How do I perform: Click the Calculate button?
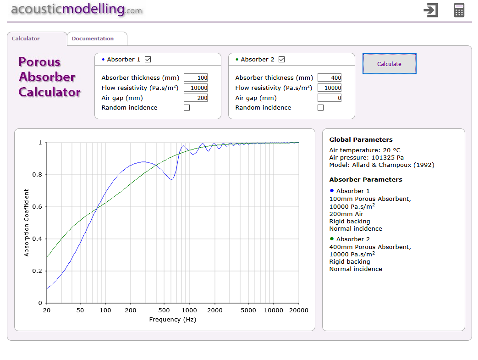pyautogui.click(x=389, y=64)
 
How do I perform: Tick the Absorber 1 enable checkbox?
pyautogui.click(x=148, y=59)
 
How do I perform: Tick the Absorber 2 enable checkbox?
pyautogui.click(x=281, y=59)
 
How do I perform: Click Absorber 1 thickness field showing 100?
pyautogui.click(x=196, y=78)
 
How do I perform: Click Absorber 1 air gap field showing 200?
pyautogui.click(x=196, y=98)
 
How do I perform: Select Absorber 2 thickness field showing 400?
pyautogui.click(x=330, y=78)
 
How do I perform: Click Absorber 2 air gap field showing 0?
pyautogui.click(x=330, y=98)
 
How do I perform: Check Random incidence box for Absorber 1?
pyautogui.click(x=187, y=108)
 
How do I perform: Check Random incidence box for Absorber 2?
pyautogui.click(x=320, y=108)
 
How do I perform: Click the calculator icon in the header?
pyautogui.click(x=459, y=10)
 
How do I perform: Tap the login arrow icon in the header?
pyautogui.click(x=431, y=10)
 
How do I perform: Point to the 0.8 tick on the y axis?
pyautogui.click(x=39, y=175)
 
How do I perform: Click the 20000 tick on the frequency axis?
pyautogui.click(x=299, y=310)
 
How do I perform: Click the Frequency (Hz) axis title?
pyautogui.click(x=173, y=319)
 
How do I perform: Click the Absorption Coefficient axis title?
pyautogui.click(x=27, y=222)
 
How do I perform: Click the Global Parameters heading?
pyautogui.click(x=361, y=139)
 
